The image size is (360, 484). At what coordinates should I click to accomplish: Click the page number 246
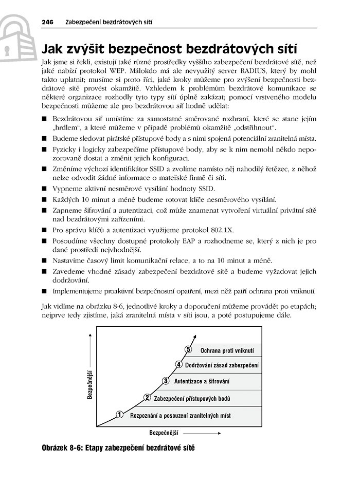pos(47,22)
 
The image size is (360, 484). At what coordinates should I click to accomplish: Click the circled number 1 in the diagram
pos(119,414)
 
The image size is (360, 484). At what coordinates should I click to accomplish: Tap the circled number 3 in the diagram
pos(166,381)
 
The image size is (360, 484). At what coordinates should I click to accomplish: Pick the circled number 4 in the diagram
pos(178,365)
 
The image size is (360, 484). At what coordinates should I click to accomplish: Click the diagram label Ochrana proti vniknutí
pos(228,350)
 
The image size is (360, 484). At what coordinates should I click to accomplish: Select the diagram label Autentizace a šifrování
pos(202,381)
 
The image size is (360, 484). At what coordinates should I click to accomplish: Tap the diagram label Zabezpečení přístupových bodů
pos(192,398)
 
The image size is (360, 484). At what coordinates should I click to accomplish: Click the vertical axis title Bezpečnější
pos(89,384)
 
